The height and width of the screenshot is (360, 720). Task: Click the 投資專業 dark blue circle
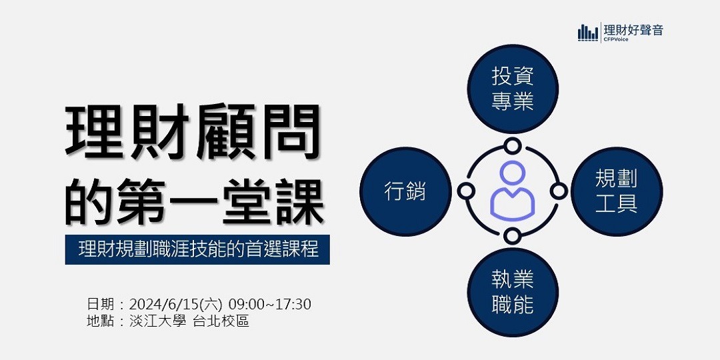click(x=513, y=89)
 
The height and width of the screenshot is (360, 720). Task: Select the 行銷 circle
click(x=405, y=191)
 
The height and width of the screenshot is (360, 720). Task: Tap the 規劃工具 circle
click(x=617, y=191)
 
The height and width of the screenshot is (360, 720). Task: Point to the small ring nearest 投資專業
click(x=511, y=147)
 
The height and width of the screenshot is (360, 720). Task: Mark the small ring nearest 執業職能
click(x=511, y=237)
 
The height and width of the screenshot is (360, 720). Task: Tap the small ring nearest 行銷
click(x=465, y=191)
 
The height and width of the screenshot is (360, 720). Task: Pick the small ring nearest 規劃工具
click(x=559, y=191)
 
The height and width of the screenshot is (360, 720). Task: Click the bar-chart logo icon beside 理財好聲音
click(x=588, y=32)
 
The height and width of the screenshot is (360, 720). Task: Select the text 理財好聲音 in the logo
click(x=633, y=30)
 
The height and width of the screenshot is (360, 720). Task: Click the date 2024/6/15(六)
click(x=176, y=304)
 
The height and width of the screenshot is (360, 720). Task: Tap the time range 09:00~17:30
click(x=270, y=304)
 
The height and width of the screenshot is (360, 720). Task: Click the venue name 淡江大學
click(x=157, y=321)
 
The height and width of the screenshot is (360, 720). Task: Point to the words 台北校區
click(x=221, y=321)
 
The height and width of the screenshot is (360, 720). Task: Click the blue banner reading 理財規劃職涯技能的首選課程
click(x=197, y=250)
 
